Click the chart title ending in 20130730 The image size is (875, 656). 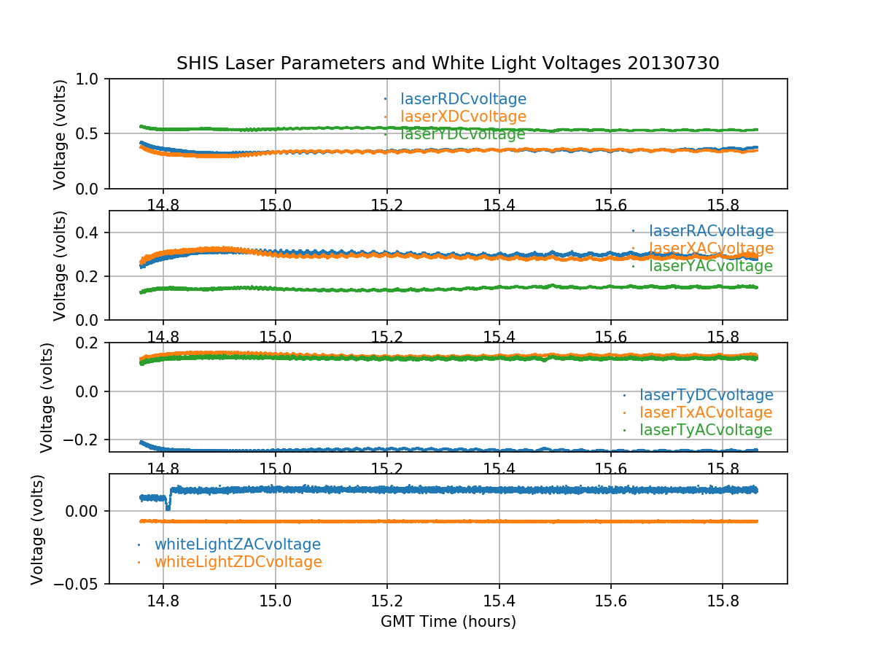coord(448,63)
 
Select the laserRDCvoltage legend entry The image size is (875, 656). coord(463,99)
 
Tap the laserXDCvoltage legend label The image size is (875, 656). coord(463,117)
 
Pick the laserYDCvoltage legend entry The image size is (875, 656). coord(462,134)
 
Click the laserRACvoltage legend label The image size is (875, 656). coord(711,231)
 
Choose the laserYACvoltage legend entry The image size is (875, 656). coord(710,266)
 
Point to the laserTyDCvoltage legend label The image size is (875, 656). coord(706,395)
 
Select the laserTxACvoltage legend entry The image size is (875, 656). coord(705,413)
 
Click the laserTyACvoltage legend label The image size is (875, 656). coord(705,430)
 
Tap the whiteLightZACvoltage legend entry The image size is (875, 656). coord(237,544)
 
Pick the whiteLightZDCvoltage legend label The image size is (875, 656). coord(238,562)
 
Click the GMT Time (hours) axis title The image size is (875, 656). coord(448,622)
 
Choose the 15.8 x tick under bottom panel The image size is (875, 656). coord(722,601)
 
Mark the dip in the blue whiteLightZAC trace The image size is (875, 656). coord(168,507)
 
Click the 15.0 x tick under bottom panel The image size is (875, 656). coord(275,601)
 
